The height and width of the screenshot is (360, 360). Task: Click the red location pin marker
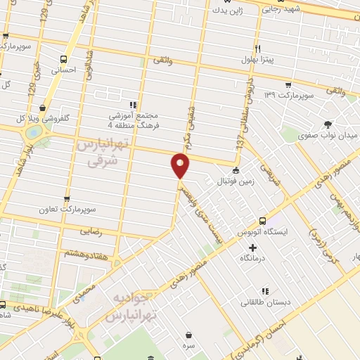pyautogui.click(x=181, y=165)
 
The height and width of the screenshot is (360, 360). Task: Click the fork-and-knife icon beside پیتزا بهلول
pyautogui.click(x=257, y=49)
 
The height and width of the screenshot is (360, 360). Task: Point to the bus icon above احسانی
pyautogui.click(x=64, y=59)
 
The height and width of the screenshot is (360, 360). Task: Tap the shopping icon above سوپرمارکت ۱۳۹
pyautogui.click(x=288, y=84)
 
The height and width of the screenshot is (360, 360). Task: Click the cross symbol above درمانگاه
pyautogui.click(x=252, y=247)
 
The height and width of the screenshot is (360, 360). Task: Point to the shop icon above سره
pyautogui.click(x=188, y=335)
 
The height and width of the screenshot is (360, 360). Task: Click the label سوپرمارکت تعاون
pyautogui.click(x=67, y=210)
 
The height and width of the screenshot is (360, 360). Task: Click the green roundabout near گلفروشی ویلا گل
pyautogui.click(x=32, y=133)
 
